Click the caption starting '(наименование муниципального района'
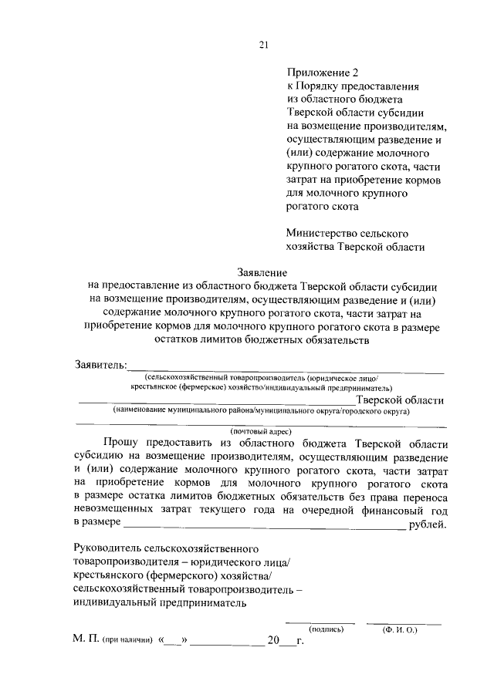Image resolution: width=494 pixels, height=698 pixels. [261, 412]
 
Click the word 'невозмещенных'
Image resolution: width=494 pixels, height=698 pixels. [115, 511]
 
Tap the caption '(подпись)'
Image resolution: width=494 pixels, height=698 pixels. [321, 629]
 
